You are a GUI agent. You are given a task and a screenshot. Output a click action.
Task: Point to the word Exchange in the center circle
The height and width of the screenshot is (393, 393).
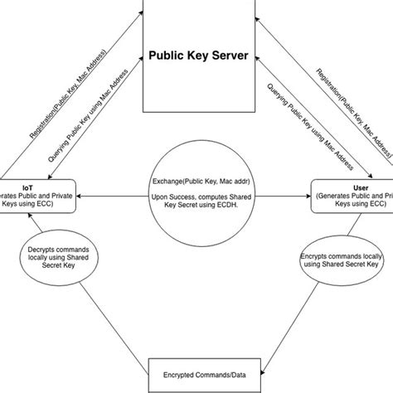click(172, 180)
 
